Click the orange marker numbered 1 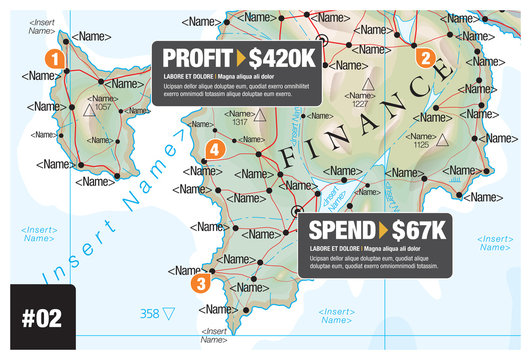[x=55, y=59]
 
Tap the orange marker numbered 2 [x=424, y=58]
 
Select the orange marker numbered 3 [x=200, y=283]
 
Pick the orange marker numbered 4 [x=213, y=151]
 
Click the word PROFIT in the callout [x=196, y=57]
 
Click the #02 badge [x=42, y=318]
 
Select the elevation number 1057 [x=102, y=106]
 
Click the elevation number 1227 [x=361, y=103]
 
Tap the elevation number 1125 [x=420, y=145]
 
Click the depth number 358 [x=149, y=314]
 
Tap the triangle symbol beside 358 [x=168, y=314]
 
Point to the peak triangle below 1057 [x=89, y=113]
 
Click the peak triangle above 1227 [x=367, y=84]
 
